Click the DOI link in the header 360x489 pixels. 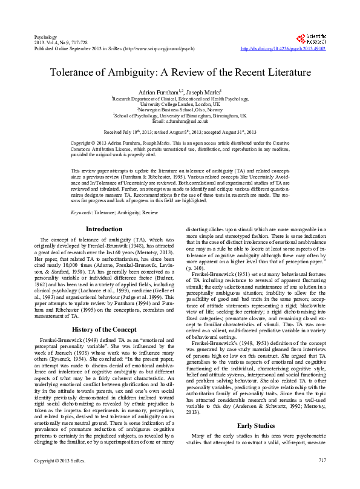[x=283, y=48]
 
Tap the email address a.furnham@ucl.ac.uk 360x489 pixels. [x=180, y=120]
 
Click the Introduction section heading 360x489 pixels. [x=104, y=229]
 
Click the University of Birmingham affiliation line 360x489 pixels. [x=180, y=115]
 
